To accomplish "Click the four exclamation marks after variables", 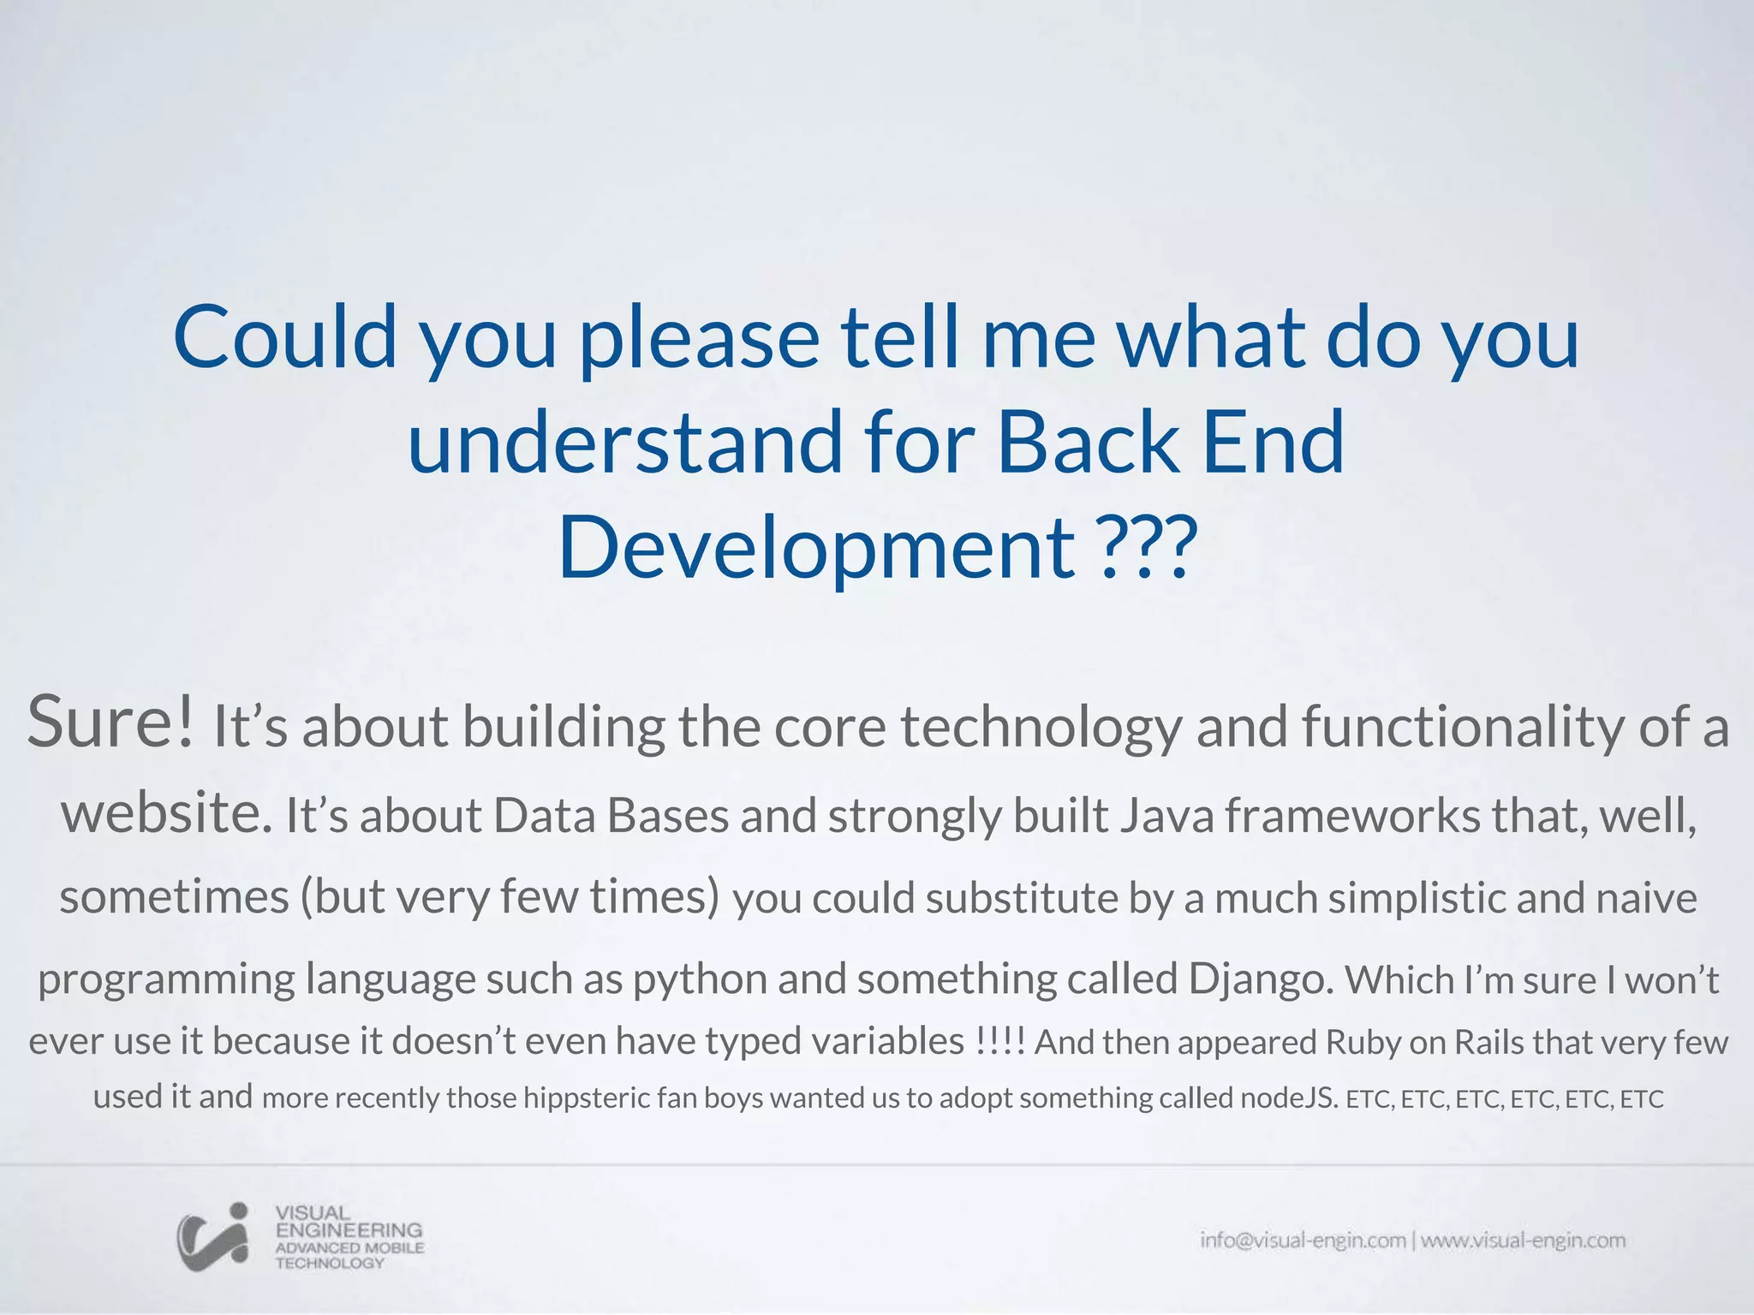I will pos(999,1042).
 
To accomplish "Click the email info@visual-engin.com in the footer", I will pos(1303,1241).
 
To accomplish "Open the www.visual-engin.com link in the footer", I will pos(1523,1241).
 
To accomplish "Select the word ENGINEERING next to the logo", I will pos(349,1229).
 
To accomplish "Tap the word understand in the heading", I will pos(624,442).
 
